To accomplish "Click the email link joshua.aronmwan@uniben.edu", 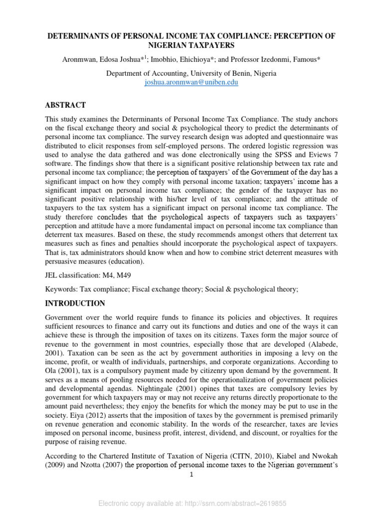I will [x=191, y=82].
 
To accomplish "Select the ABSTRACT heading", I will [x=66, y=105].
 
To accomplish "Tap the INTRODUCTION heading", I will [x=75, y=303].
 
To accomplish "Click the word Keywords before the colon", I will [x=60, y=289].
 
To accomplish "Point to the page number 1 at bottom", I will [x=191, y=475].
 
